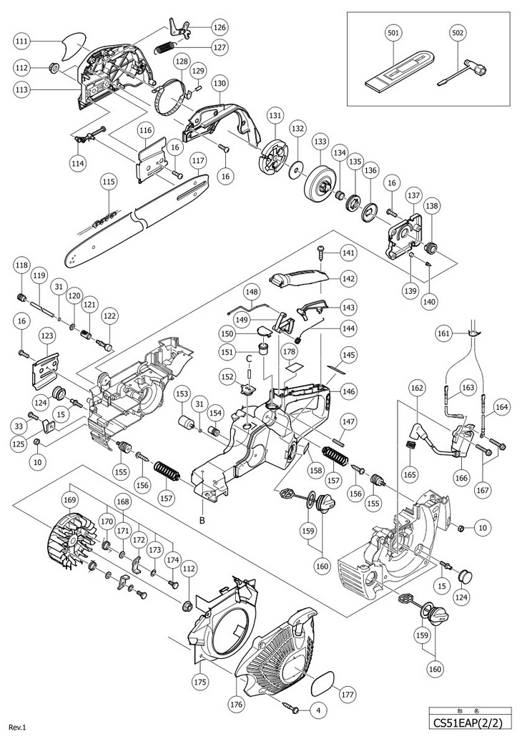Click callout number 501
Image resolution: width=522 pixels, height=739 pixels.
click(x=394, y=33)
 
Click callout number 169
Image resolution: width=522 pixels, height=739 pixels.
click(x=69, y=499)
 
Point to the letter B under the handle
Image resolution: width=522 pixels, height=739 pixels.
click(x=202, y=520)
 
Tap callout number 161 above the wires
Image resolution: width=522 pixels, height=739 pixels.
click(x=443, y=333)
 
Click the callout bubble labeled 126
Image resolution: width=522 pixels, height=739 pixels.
click(x=220, y=27)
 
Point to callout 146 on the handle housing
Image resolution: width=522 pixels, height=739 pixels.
click(x=348, y=391)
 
